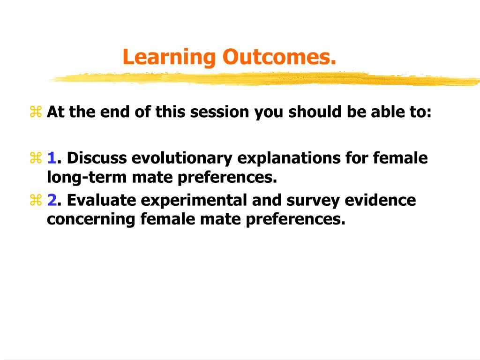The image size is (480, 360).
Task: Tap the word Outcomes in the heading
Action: coord(279,58)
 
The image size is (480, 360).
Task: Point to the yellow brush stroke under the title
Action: coord(262,79)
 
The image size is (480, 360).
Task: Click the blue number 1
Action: coord(52,158)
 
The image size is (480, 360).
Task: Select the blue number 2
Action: coord(52,200)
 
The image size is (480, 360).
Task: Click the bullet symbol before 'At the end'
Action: coord(36,112)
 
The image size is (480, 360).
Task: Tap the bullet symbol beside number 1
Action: coord(36,159)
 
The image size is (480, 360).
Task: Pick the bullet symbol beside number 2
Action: coord(36,201)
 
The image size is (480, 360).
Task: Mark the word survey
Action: coord(316,200)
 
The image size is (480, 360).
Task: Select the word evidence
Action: coord(380,200)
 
